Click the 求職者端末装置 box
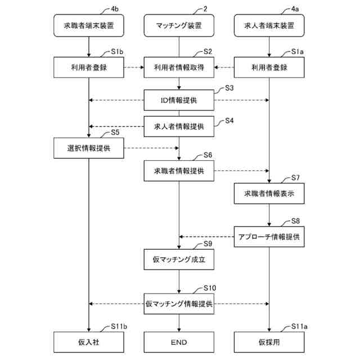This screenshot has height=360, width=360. click(89, 25)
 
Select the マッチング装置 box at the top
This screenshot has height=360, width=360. click(179, 25)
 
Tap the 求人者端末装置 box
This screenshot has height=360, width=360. click(269, 25)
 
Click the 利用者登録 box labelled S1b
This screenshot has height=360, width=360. click(89, 68)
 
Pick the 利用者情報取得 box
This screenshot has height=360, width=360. click(179, 68)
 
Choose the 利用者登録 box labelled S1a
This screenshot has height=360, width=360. click(269, 68)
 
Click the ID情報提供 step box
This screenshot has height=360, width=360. click(179, 101)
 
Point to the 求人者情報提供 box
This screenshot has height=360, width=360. click(179, 127)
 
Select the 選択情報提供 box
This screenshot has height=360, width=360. click(89, 148)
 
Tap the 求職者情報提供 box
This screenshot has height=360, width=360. click(179, 170)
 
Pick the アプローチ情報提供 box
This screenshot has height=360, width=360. click(269, 236)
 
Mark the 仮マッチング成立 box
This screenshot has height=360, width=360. click(179, 260)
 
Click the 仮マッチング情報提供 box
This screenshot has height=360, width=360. click(179, 304)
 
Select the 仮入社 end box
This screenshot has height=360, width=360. click(89, 342)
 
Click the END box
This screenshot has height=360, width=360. click(179, 342)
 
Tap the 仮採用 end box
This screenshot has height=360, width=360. click(269, 342)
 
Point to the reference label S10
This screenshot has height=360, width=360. click(210, 288)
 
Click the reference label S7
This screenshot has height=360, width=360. click(296, 178)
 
